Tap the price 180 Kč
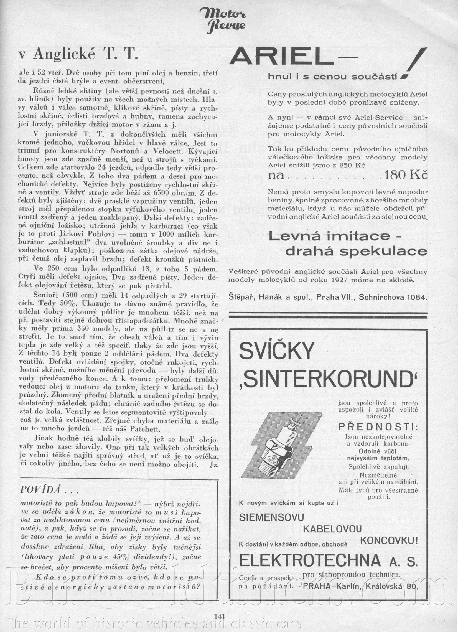point(405,175)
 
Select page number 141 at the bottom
point(220,616)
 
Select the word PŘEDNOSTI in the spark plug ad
point(378,426)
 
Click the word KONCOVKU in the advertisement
point(389,540)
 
